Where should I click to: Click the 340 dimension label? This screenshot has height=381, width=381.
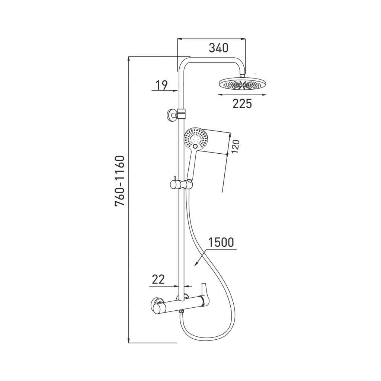(218, 48)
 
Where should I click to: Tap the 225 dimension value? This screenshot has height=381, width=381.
(242, 104)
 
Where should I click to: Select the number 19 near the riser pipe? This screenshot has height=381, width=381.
(161, 85)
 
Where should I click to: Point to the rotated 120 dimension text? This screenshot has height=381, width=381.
(236, 146)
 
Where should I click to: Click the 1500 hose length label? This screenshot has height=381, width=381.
(221, 242)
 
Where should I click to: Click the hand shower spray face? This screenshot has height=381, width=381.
(196, 140)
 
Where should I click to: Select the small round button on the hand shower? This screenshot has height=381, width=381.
(195, 146)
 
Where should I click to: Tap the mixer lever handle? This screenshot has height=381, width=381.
(205, 294)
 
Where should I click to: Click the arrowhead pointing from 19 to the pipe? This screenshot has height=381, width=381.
(176, 90)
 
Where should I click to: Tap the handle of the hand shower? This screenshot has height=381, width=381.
(191, 165)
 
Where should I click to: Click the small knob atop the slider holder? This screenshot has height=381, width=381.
(174, 177)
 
